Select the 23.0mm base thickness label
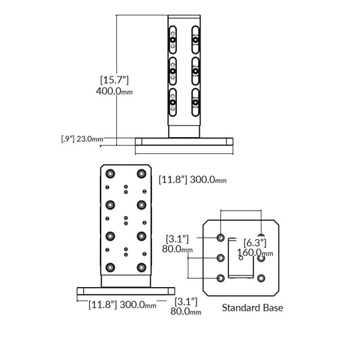click(90, 140)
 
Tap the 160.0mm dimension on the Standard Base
click(257, 253)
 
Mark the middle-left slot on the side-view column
click(173, 69)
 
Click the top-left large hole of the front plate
click(109, 172)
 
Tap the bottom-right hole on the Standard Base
click(261, 278)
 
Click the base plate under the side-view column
click(184, 142)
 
